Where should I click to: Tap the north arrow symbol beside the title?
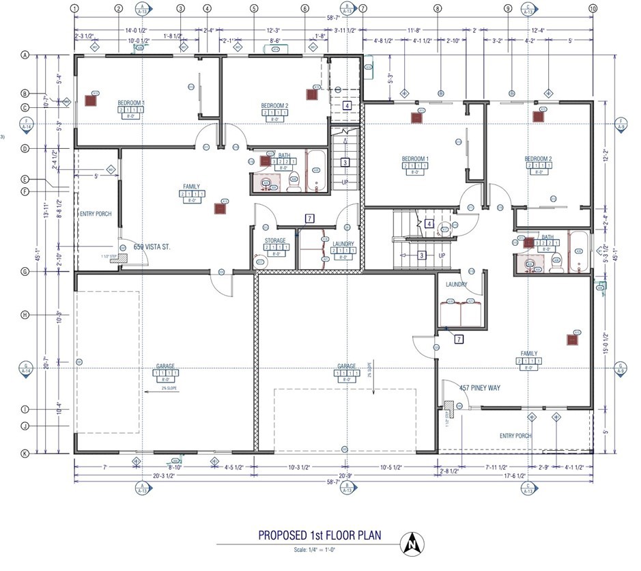(x=412, y=543)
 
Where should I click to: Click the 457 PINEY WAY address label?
(x=480, y=388)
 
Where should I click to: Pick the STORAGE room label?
(x=275, y=240)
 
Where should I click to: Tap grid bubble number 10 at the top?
(x=593, y=8)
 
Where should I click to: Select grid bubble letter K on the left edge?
(x=25, y=452)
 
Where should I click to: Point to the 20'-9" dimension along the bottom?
(x=346, y=475)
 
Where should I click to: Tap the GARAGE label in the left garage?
(x=165, y=367)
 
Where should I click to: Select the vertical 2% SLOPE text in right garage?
(x=369, y=368)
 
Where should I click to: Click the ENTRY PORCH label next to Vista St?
(x=96, y=214)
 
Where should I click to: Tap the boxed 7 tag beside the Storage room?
(x=309, y=219)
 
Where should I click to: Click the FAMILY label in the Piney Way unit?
(x=528, y=354)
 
